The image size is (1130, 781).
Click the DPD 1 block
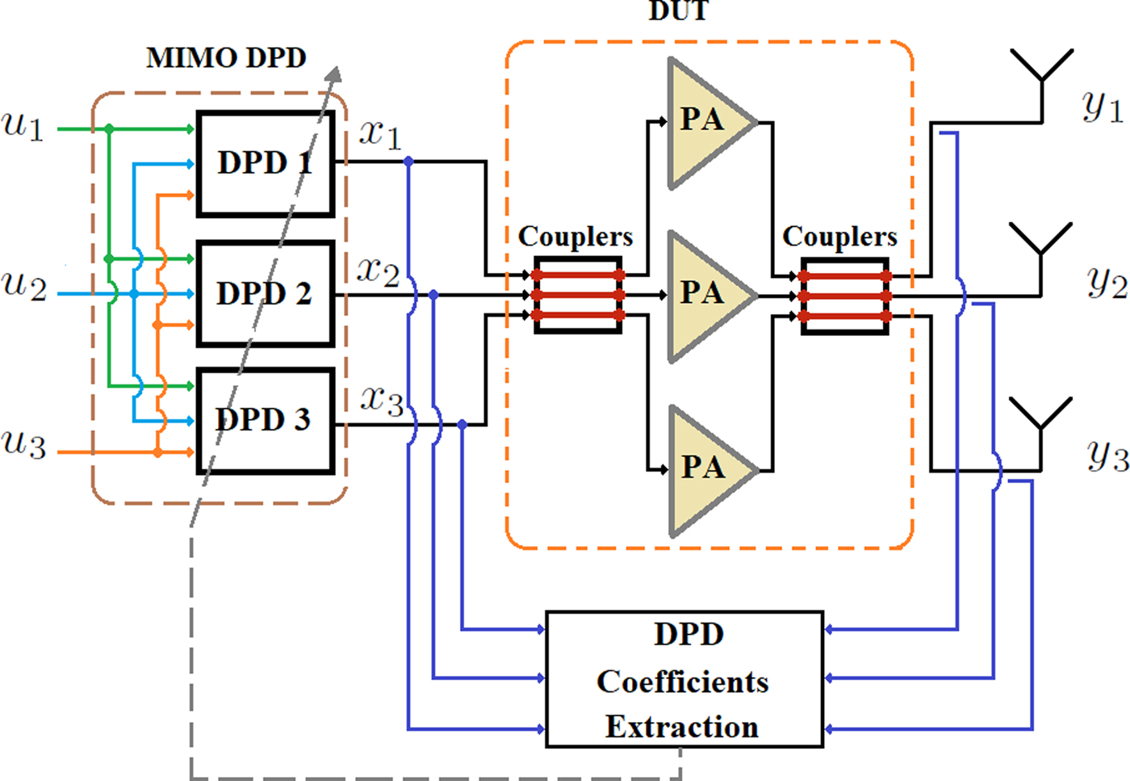coord(266,164)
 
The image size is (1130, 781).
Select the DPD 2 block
coord(266,294)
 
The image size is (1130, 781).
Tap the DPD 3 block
coord(266,421)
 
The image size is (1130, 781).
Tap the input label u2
coord(24,284)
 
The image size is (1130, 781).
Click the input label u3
coord(24,443)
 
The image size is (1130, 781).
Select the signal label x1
coord(379,133)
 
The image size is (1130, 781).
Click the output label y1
coord(1101,105)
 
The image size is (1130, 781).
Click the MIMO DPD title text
coord(226,58)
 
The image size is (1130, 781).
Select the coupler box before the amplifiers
coord(578,296)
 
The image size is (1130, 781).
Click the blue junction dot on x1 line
coord(408,162)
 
